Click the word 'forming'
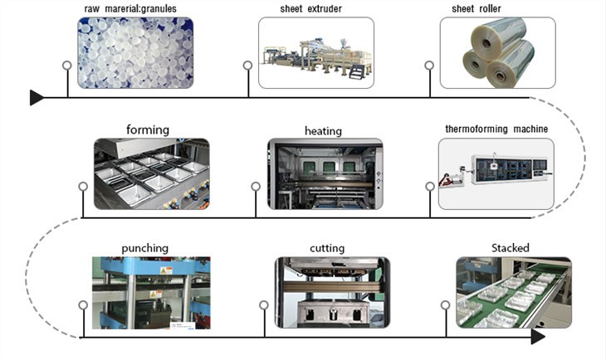click(148, 129)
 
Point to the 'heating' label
click(323, 130)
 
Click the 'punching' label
click(144, 247)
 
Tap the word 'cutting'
click(327, 247)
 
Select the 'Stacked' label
click(510, 247)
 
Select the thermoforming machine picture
click(495, 173)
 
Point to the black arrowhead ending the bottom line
click(538, 337)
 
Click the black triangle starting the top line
click(37, 98)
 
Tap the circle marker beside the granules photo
click(66, 65)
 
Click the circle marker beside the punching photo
click(82, 304)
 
